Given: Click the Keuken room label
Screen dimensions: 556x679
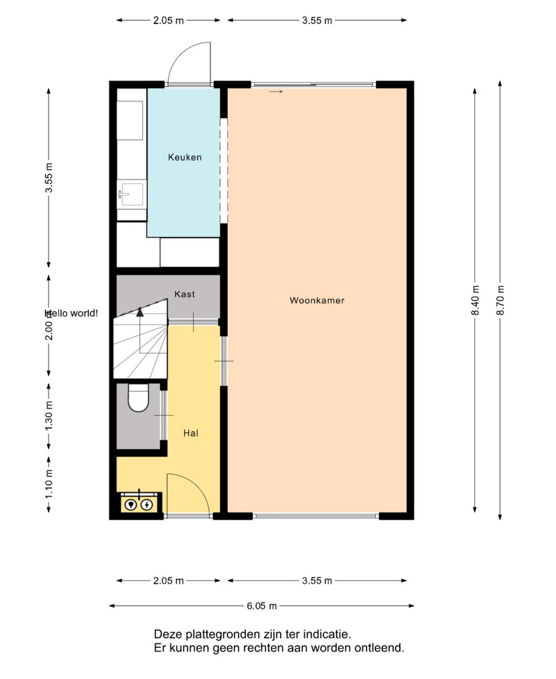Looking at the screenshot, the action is click(x=184, y=157).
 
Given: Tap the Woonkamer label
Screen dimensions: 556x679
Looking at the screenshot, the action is click(x=317, y=301).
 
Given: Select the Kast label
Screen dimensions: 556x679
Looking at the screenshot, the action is click(x=184, y=294).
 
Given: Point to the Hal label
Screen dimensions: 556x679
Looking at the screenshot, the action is click(x=191, y=433).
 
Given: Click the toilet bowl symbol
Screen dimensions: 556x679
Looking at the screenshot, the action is click(x=139, y=398).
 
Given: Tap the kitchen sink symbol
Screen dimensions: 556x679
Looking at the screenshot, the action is click(x=131, y=194).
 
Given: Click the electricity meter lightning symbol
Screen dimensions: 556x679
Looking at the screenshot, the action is click(x=147, y=505).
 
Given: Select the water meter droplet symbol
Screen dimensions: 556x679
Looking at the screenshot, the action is click(x=131, y=505).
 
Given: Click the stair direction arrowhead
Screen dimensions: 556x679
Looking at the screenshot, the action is click(x=140, y=312).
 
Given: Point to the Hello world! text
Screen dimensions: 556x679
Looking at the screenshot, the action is click(x=72, y=313).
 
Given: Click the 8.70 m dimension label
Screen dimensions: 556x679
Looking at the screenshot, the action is click(x=500, y=301).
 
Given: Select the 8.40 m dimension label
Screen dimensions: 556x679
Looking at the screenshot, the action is click(x=476, y=301).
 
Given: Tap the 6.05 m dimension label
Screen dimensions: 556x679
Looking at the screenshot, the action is click(x=261, y=606).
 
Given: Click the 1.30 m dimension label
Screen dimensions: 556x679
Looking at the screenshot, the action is click(x=49, y=416).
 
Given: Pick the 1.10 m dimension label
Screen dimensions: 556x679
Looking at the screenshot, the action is click(x=49, y=484).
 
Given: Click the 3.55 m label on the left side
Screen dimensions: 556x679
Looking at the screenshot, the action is click(x=49, y=178).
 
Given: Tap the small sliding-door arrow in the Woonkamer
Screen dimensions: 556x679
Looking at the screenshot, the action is click(x=276, y=92).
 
